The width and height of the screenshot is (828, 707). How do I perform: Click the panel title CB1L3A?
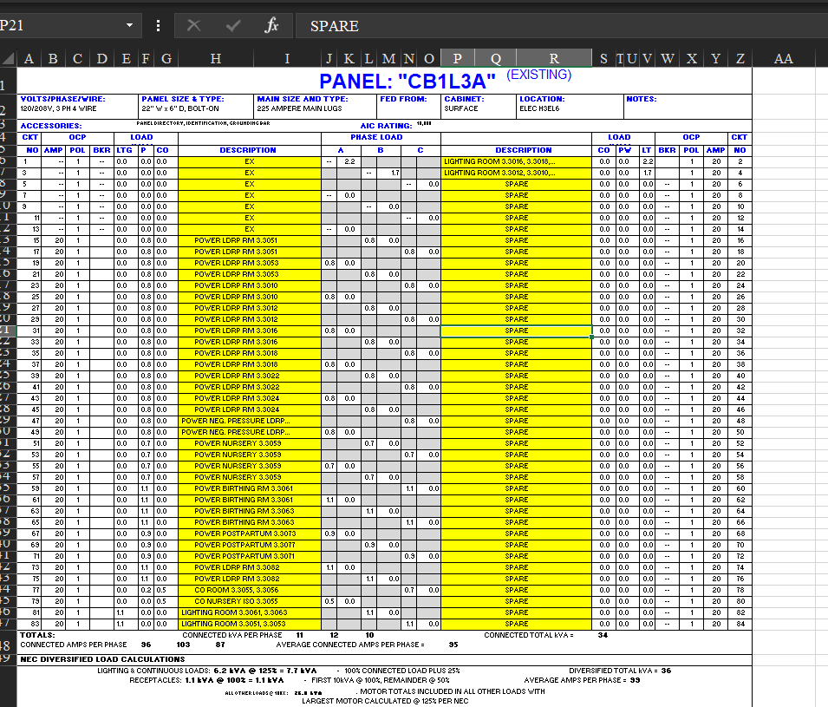pyautogui.click(x=407, y=82)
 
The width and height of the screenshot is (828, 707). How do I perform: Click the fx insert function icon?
pyautogui.click(x=271, y=25)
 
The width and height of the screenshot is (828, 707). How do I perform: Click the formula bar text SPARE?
pyautogui.click(x=334, y=26)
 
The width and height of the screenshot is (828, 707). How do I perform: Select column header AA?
pyautogui.click(x=783, y=58)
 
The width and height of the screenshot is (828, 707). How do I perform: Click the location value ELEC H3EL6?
pyautogui.click(x=539, y=109)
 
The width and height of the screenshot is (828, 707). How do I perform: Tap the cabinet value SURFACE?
pyautogui.click(x=461, y=109)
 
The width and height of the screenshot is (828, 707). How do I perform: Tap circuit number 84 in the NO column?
pyautogui.click(x=740, y=624)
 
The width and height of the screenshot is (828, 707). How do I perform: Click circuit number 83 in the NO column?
pyautogui.click(x=36, y=624)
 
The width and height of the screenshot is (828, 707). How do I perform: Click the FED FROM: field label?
pyautogui.click(x=403, y=99)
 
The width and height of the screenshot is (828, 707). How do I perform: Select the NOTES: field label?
pyautogui.click(x=641, y=99)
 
